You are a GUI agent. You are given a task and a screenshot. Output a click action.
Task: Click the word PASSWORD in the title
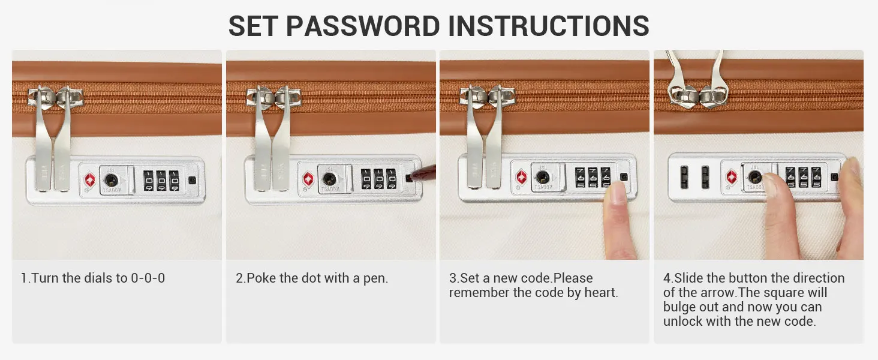(363, 26)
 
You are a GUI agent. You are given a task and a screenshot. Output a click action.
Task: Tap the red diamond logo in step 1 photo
(90, 181)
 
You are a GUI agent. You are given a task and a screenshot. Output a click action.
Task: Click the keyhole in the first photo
(112, 181)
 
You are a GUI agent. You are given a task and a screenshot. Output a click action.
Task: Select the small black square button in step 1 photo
(192, 180)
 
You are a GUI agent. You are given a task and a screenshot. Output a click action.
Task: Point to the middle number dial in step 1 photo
(161, 181)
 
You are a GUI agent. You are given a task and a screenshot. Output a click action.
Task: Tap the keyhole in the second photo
(329, 179)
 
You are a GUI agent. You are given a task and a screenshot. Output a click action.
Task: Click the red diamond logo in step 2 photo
(308, 179)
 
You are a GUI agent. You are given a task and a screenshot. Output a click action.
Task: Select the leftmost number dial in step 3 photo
(580, 178)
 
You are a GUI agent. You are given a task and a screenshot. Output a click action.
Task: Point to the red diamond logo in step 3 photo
(521, 177)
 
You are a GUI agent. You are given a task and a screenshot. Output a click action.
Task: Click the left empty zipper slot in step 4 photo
(684, 177)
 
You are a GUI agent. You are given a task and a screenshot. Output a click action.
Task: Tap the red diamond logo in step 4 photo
(732, 177)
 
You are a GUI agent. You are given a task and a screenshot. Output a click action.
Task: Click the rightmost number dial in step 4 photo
(816, 177)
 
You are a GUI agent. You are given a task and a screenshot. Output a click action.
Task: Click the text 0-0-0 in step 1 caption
(148, 278)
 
